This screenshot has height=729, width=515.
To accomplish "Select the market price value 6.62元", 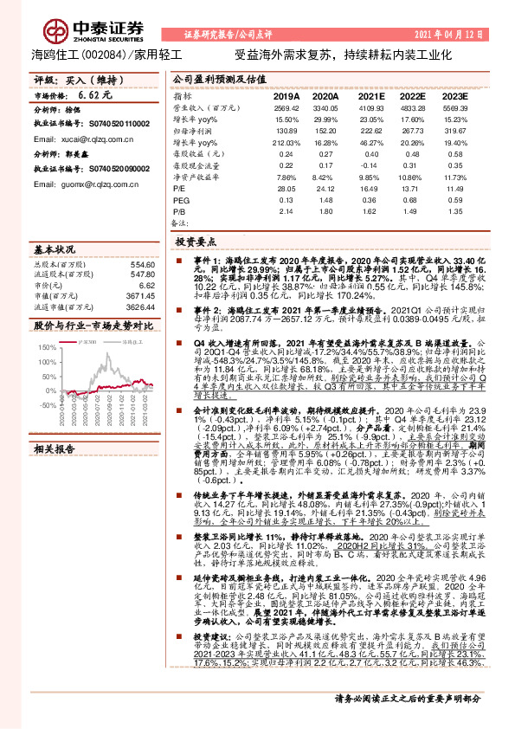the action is coord(91,94).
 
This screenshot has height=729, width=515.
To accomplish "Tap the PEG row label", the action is coord(182,197).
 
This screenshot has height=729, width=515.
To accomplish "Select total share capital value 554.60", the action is coord(142,264).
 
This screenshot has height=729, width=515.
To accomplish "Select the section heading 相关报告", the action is coord(56,449).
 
